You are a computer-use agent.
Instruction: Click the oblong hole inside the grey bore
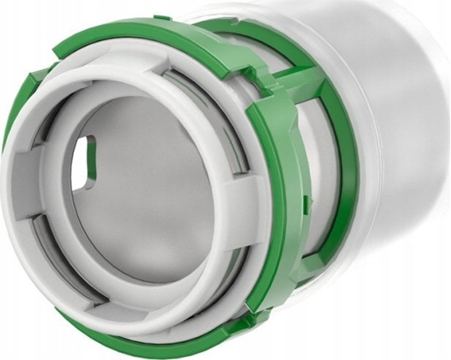84,162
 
